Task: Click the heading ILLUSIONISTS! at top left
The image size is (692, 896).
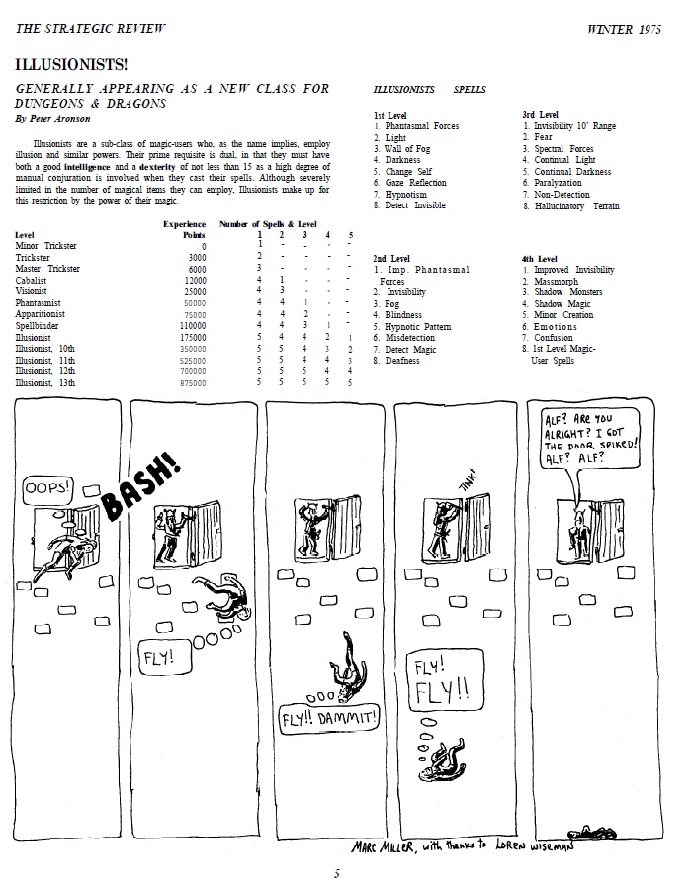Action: point(71,65)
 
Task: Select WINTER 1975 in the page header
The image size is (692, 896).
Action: point(629,29)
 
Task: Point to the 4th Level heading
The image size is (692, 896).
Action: point(541,259)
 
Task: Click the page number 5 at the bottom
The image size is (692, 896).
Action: point(337,873)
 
